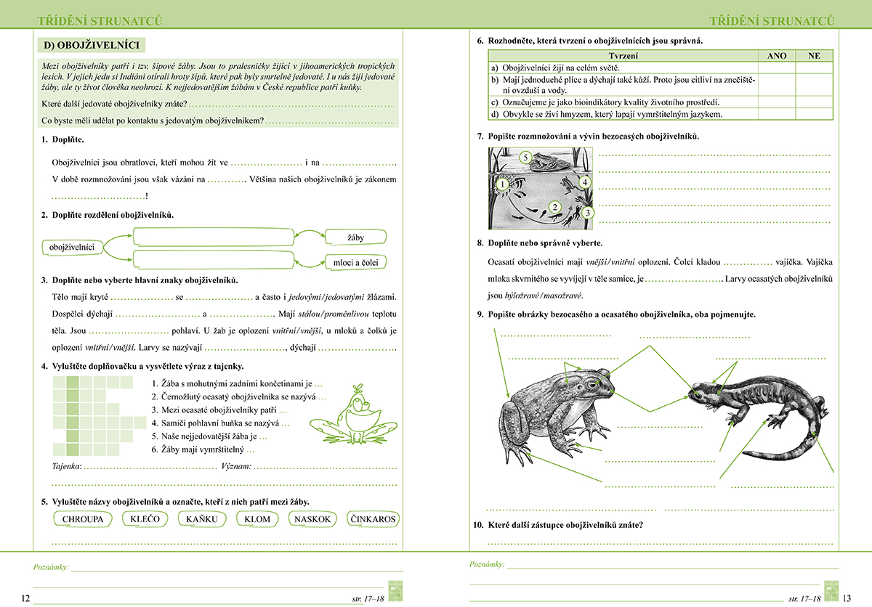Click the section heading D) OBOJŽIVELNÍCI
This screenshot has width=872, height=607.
[x=92, y=45]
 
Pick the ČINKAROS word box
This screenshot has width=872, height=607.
[x=373, y=519]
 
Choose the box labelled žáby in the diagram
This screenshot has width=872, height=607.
[x=356, y=237]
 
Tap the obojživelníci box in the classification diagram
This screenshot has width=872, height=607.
[x=73, y=248]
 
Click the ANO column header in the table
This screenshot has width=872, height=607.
[x=777, y=55]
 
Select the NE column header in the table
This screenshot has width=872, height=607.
[x=815, y=55]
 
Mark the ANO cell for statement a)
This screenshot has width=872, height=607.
[x=777, y=67]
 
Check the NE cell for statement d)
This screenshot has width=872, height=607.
[x=815, y=114]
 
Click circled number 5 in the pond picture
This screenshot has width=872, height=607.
[x=526, y=156]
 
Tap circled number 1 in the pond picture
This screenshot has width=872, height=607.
[x=501, y=184]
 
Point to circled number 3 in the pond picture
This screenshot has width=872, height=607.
[x=587, y=213]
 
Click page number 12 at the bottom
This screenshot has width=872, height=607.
[x=25, y=598]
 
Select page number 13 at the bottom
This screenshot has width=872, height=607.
[x=847, y=598]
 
